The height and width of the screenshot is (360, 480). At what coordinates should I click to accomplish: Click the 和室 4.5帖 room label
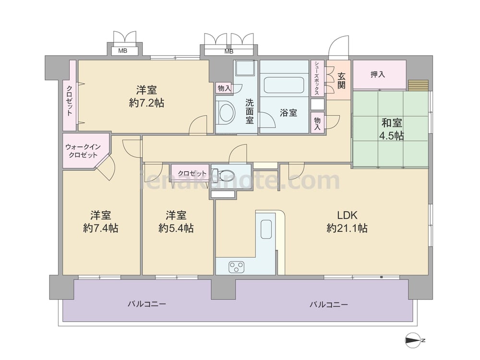click(x=392, y=129)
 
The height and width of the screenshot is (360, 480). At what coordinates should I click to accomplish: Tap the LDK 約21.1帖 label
click(x=347, y=222)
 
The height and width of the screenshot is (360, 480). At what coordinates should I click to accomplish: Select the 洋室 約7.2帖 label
click(x=146, y=96)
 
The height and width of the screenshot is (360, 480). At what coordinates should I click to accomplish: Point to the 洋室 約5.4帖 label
click(x=176, y=222)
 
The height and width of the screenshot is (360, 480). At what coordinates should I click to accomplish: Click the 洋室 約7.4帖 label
click(x=101, y=222)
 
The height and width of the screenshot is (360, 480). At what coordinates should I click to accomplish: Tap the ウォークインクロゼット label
click(x=83, y=151)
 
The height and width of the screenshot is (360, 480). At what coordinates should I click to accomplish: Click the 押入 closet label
click(x=377, y=74)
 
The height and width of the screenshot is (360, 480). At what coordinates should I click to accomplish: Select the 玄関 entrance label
click(x=341, y=80)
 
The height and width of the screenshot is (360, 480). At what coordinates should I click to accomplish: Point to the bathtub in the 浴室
click(x=284, y=85)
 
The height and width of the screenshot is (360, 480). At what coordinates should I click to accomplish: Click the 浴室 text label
click(x=288, y=113)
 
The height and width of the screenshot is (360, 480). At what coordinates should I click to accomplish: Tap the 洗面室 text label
click(x=250, y=111)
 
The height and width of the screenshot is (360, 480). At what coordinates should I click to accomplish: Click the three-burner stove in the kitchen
click(x=236, y=267)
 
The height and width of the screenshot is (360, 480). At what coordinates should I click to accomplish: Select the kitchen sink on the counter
click(x=266, y=229)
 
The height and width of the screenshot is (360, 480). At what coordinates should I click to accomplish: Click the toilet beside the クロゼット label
click(x=224, y=175)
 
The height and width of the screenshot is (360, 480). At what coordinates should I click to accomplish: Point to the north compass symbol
click(x=415, y=340)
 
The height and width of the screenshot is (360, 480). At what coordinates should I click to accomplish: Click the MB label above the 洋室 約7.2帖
click(x=123, y=51)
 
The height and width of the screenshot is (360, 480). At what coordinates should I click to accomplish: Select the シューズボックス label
click(x=317, y=78)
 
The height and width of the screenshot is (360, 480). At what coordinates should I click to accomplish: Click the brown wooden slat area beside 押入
click(x=418, y=85)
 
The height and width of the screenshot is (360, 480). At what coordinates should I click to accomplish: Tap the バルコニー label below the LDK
click(x=328, y=305)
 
